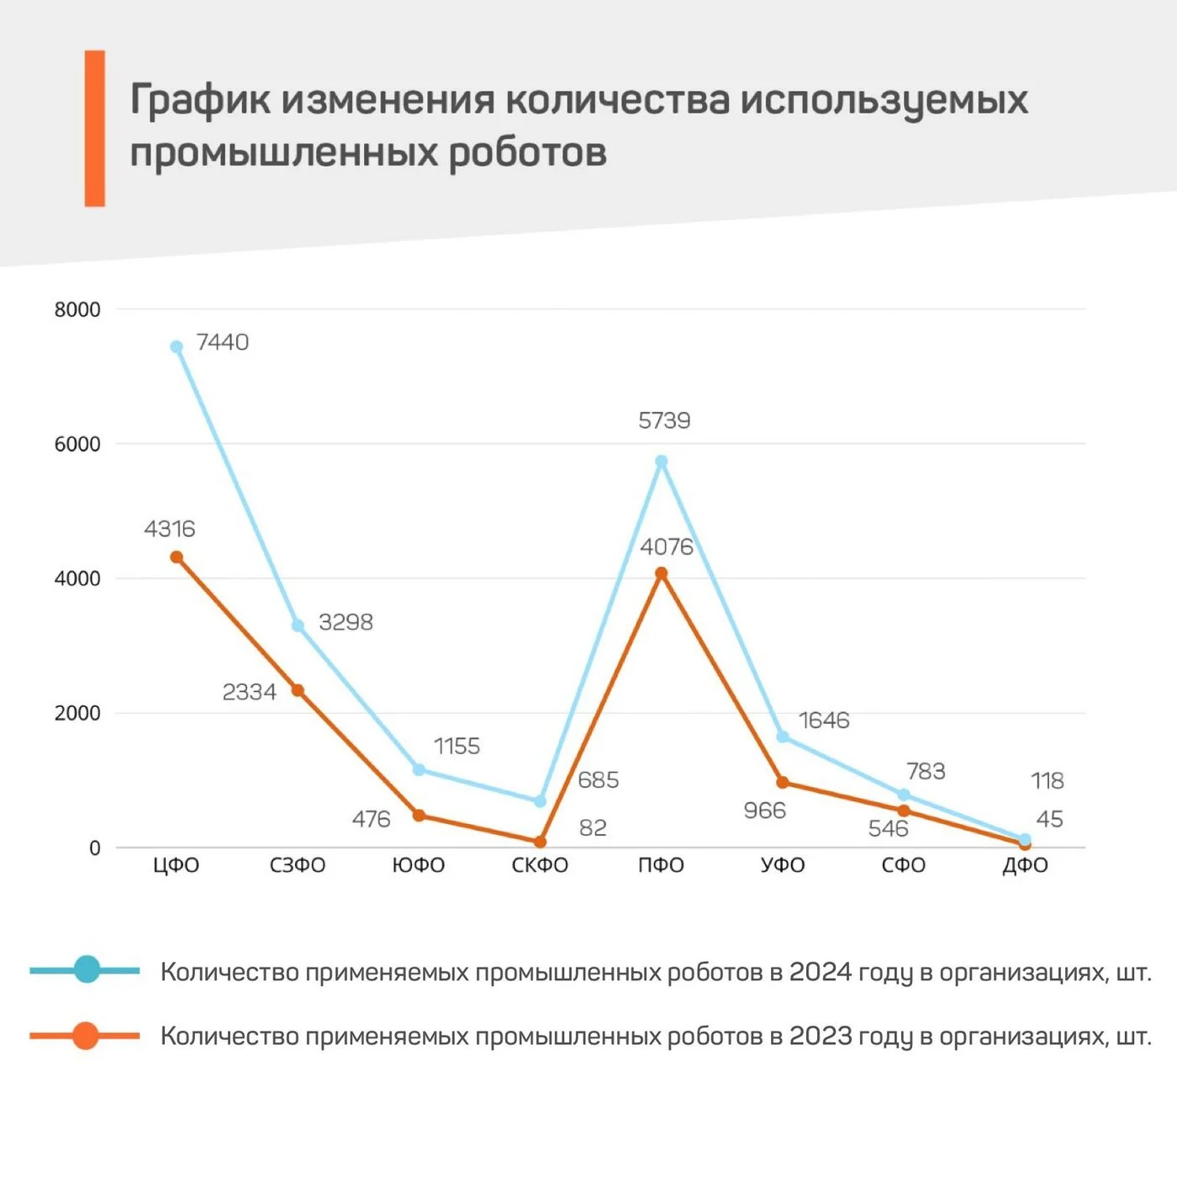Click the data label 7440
coord(222,342)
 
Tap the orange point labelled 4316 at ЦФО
coord(177,557)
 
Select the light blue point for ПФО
coord(662,462)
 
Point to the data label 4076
coord(667,547)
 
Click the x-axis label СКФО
coord(540,865)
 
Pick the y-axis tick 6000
coord(77,444)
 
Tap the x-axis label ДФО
coord(1025,865)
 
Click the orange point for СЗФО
coord(298,690)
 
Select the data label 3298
coord(346,622)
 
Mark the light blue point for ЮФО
coord(419,769)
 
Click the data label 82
coord(593,828)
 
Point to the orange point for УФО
coord(783,783)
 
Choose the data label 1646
coord(824,720)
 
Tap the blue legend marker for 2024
coord(87,969)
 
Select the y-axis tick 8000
coord(77,309)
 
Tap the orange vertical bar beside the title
coord(95,128)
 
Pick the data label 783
coord(926,771)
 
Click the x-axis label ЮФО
coord(419,865)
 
